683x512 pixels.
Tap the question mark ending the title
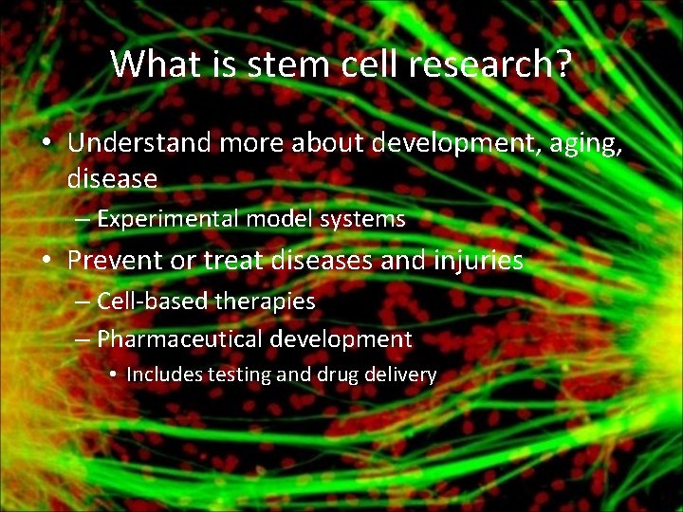coord(562,64)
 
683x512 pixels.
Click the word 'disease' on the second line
coord(112,177)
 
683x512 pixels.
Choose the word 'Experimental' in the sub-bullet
coord(168,220)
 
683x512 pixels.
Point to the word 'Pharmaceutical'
coord(179,338)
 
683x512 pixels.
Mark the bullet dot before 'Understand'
coord(46,144)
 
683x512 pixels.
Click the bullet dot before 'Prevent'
coord(46,261)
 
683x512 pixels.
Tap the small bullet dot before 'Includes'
coord(113,375)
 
